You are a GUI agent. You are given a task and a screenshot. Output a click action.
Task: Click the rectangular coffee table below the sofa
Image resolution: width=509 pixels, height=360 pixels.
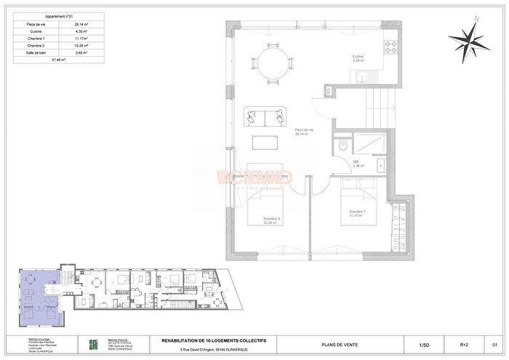coord(265,141)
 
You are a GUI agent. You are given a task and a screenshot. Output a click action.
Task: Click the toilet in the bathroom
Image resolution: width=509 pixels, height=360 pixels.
coord(342,145)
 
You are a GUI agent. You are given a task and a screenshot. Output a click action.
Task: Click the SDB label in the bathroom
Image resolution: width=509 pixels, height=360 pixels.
coord(357,161)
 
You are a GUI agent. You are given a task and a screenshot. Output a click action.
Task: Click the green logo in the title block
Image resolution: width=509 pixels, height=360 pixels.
coord(92,344)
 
